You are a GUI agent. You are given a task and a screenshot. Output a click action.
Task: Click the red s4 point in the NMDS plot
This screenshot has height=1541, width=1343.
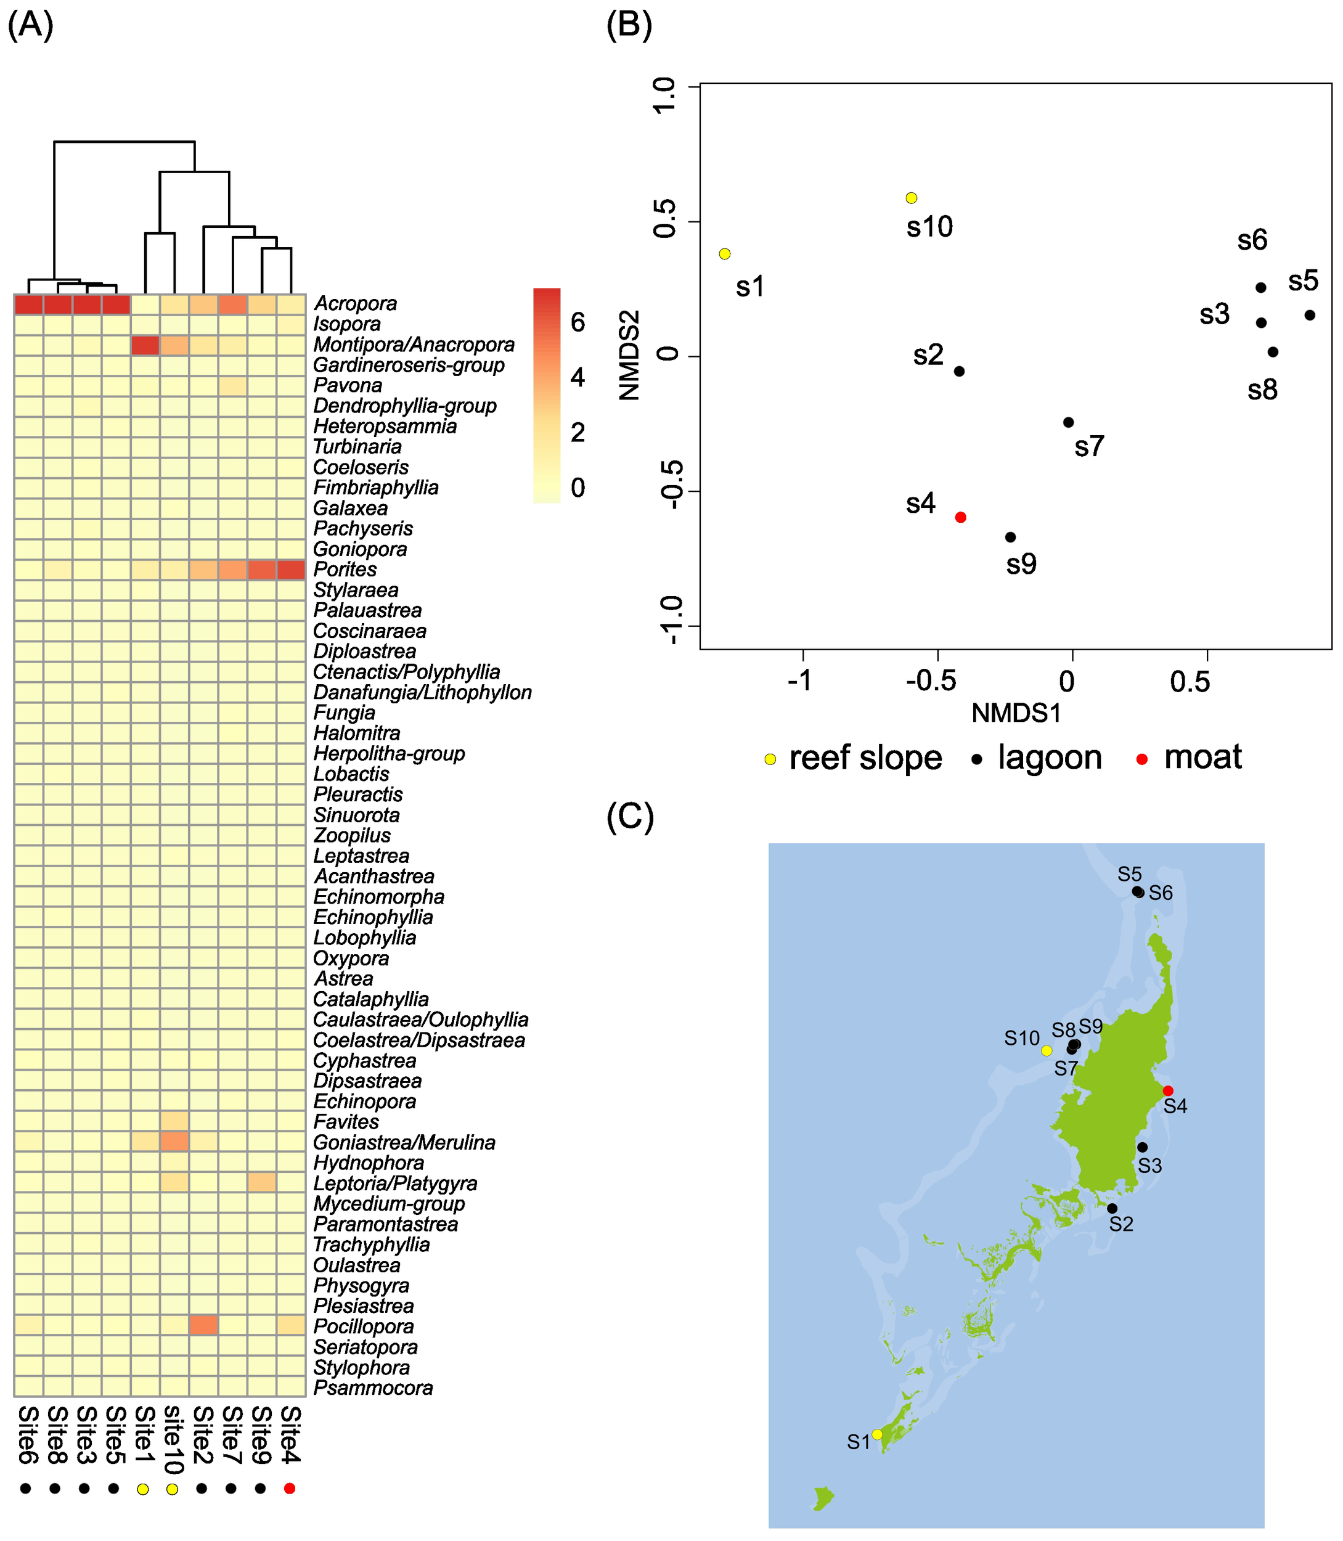point(961,517)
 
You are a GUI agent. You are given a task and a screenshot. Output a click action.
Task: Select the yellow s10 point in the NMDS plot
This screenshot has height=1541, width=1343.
point(912,198)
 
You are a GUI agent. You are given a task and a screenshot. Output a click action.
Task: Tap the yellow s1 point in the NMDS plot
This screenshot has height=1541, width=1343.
point(725,254)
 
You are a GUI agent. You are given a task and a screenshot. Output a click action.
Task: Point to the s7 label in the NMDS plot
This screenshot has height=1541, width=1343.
point(1089,447)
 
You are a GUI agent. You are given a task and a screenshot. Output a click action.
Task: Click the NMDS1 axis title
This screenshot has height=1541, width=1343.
point(1016,713)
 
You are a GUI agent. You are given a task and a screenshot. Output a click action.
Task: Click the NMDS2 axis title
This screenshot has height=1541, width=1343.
point(631,355)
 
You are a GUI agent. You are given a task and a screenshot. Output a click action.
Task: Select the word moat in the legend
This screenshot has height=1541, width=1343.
point(1203,757)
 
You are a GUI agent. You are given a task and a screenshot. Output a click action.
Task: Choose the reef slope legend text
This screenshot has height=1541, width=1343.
point(865,758)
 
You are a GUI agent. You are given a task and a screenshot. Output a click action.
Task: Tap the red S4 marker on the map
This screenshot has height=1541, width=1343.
point(1167,1090)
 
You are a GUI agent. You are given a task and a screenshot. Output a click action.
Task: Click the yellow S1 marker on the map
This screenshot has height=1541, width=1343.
point(878,1434)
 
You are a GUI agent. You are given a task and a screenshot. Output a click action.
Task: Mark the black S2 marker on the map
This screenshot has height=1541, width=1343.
point(1112,1208)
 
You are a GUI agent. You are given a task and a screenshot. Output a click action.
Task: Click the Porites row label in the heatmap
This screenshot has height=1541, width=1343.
point(345,570)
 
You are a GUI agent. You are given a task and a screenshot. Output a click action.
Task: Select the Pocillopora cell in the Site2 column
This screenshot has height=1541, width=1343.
point(204,1325)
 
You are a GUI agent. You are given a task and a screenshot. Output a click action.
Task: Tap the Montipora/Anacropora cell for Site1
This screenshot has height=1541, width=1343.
point(145,345)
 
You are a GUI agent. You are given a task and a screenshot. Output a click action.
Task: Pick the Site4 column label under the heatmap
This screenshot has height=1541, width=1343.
point(291,1434)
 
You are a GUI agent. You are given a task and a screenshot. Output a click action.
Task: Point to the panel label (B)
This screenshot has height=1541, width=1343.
point(629,25)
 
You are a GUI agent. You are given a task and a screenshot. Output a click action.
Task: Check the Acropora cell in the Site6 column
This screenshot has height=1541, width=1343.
point(28,305)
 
